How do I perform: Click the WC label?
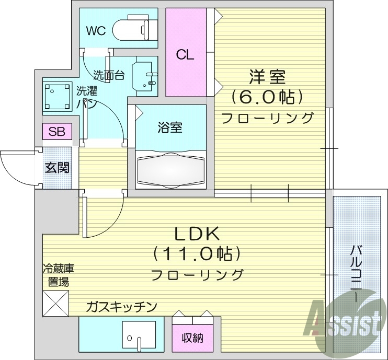(x=96, y=31)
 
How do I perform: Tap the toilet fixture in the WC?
(x=135, y=29)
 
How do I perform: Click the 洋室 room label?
(x=267, y=77)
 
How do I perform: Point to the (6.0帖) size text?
(x=267, y=97)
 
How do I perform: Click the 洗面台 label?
(x=109, y=75)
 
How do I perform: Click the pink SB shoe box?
(x=57, y=132)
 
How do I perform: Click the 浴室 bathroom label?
(x=170, y=127)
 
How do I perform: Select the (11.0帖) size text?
(x=197, y=254)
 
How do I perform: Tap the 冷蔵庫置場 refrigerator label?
(x=58, y=275)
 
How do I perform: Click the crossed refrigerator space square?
(x=55, y=303)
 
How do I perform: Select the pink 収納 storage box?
(x=192, y=338)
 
